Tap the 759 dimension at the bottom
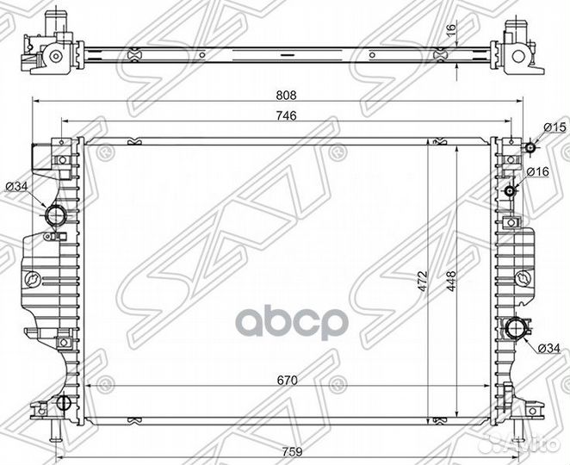coord(288,448)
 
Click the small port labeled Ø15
coord(531,148)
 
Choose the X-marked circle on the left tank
coord(32,278)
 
